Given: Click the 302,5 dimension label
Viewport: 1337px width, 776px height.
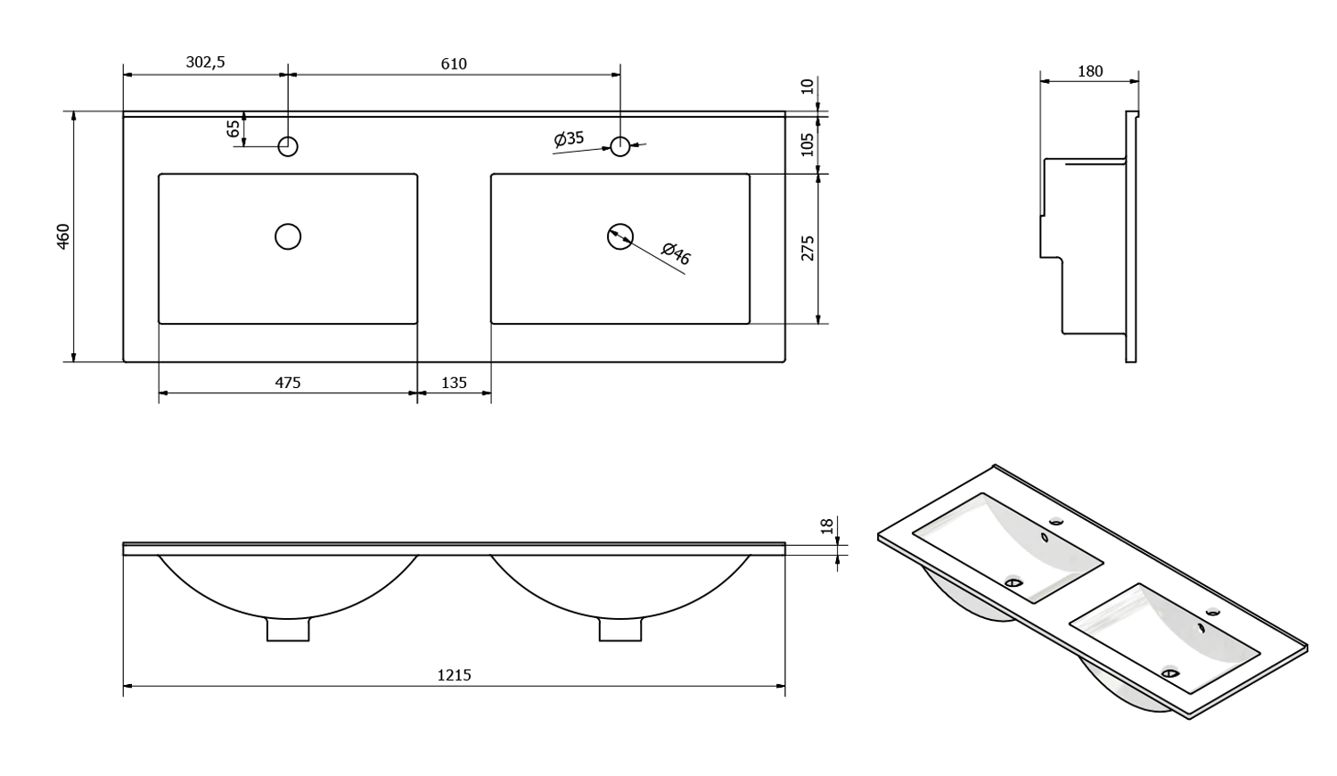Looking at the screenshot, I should (205, 62).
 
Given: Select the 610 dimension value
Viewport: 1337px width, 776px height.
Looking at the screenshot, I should (453, 63).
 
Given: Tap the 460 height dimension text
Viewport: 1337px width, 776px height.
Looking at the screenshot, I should (62, 236).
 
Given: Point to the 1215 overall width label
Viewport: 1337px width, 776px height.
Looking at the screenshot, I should (454, 675).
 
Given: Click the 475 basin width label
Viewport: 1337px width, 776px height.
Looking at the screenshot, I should (287, 383).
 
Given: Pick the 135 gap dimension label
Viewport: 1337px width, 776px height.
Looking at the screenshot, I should (454, 383).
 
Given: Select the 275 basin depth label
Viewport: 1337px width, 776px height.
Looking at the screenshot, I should (808, 248).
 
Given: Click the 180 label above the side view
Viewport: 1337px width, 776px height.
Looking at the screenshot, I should (1090, 71).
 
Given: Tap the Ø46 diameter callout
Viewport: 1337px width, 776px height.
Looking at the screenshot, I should (677, 254).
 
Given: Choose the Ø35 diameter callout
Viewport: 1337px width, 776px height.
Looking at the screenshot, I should (569, 138).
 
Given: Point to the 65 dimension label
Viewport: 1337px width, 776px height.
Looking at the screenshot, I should (234, 129).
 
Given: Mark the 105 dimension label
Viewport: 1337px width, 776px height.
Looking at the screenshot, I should (808, 144).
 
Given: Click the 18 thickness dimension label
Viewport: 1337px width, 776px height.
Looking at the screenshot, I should (826, 527).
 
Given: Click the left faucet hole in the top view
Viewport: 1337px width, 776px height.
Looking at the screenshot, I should (288, 146).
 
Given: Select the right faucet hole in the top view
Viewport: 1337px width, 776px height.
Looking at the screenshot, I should (620, 146).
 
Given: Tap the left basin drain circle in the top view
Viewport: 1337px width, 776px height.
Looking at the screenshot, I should (288, 236).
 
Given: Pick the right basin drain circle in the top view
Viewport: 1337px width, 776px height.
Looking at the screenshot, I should (619, 236).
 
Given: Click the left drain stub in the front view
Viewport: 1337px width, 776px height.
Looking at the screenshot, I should (288, 630).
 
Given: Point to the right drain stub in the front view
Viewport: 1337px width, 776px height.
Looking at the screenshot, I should (619, 630).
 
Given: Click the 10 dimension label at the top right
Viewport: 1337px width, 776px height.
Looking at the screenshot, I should (808, 87).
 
